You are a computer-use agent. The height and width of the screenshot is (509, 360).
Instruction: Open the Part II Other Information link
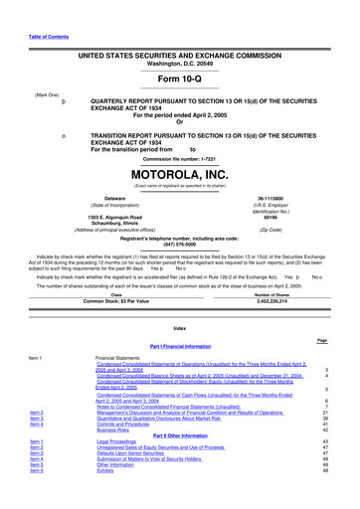[179, 462]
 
